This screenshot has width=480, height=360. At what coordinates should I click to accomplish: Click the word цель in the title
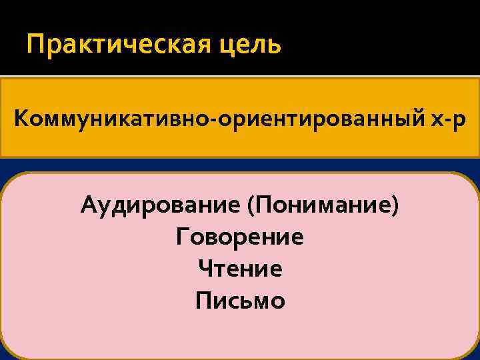(255, 45)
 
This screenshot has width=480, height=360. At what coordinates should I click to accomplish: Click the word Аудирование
(160, 205)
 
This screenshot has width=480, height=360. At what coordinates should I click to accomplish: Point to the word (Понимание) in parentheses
(323, 205)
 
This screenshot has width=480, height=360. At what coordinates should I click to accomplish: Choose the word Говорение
(240, 237)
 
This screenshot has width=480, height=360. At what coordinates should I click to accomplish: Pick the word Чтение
(240, 269)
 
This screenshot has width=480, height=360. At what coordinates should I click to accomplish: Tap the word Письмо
(240, 301)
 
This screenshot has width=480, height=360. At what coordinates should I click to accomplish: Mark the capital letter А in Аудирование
(88, 205)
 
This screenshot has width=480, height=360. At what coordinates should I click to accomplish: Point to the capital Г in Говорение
(183, 237)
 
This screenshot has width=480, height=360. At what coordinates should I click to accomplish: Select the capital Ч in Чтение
(205, 269)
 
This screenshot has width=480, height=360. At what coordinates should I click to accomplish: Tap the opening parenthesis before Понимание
(250, 206)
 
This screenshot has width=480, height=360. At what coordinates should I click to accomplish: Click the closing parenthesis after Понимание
(396, 206)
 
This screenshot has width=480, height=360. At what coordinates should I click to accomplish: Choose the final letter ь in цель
(275, 47)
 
